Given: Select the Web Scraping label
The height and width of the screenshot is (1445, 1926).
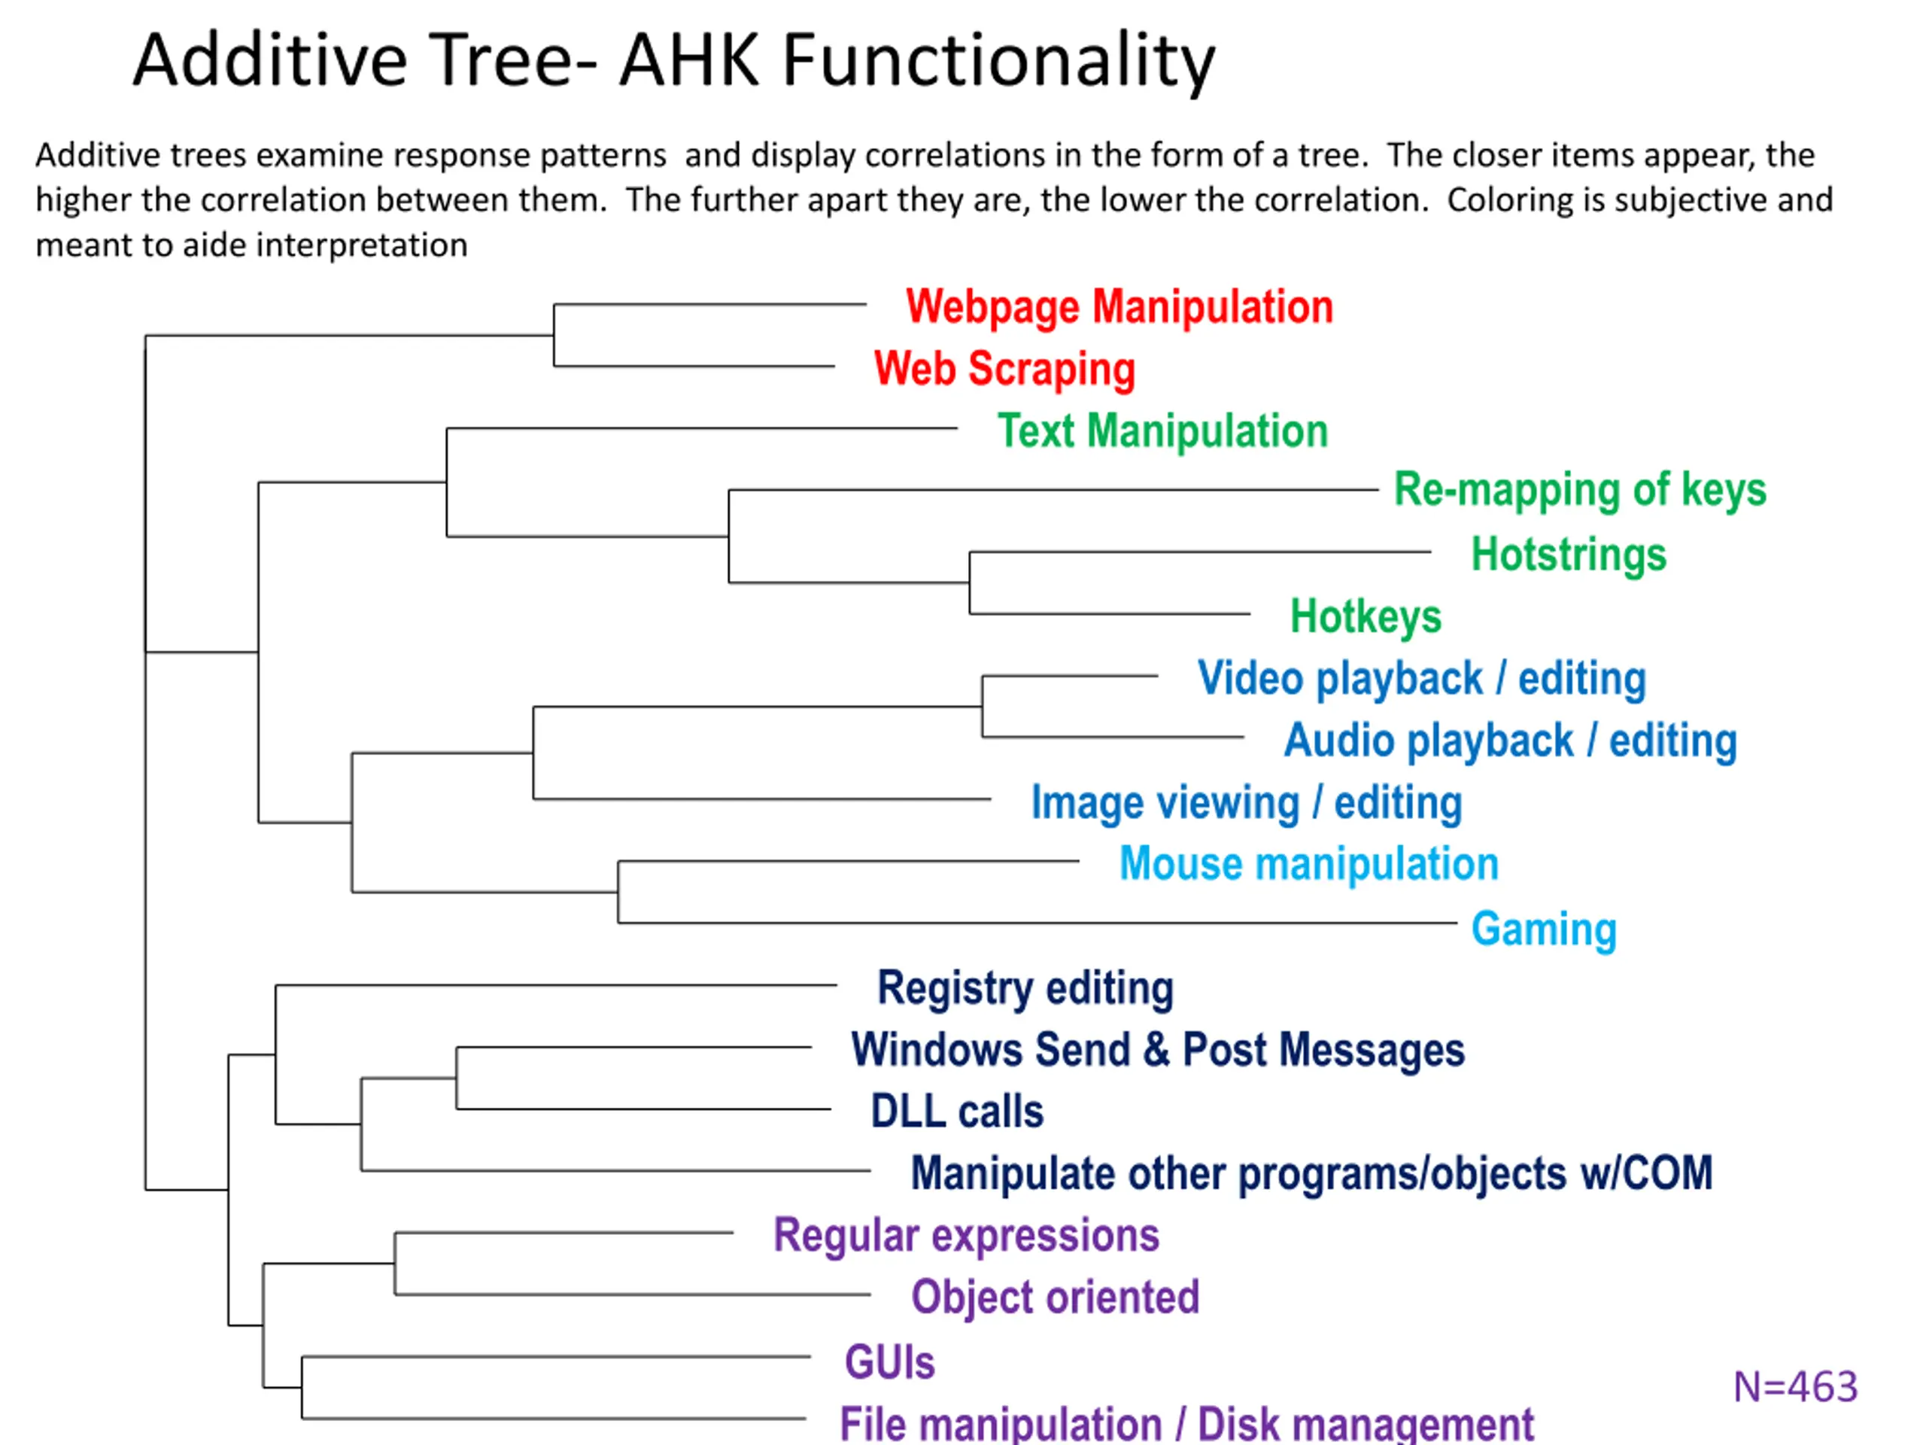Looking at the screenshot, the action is [1005, 370].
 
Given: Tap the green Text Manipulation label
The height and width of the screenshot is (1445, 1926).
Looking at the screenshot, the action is [1162, 431].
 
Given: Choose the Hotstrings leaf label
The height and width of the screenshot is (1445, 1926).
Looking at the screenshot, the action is [1569, 555].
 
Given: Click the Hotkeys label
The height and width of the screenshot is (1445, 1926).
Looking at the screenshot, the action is [1366, 616].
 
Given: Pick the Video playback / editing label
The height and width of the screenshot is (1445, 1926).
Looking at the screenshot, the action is [1422, 679].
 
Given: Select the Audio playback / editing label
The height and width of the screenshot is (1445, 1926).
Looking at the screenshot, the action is [1511, 741].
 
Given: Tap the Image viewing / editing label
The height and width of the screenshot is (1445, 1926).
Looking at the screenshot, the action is [1247, 803].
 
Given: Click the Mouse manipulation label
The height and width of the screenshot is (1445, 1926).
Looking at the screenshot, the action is [1308, 864].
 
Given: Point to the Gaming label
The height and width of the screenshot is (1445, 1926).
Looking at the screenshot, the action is [1544, 929].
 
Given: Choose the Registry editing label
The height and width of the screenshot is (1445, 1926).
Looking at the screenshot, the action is [1025, 990].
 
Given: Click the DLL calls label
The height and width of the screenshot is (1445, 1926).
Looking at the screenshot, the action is [957, 1112].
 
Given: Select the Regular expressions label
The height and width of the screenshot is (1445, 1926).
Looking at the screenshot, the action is [967, 1236].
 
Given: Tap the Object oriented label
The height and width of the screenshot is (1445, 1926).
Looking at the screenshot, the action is [1056, 1297].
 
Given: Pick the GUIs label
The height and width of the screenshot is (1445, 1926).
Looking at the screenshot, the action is [890, 1362].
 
